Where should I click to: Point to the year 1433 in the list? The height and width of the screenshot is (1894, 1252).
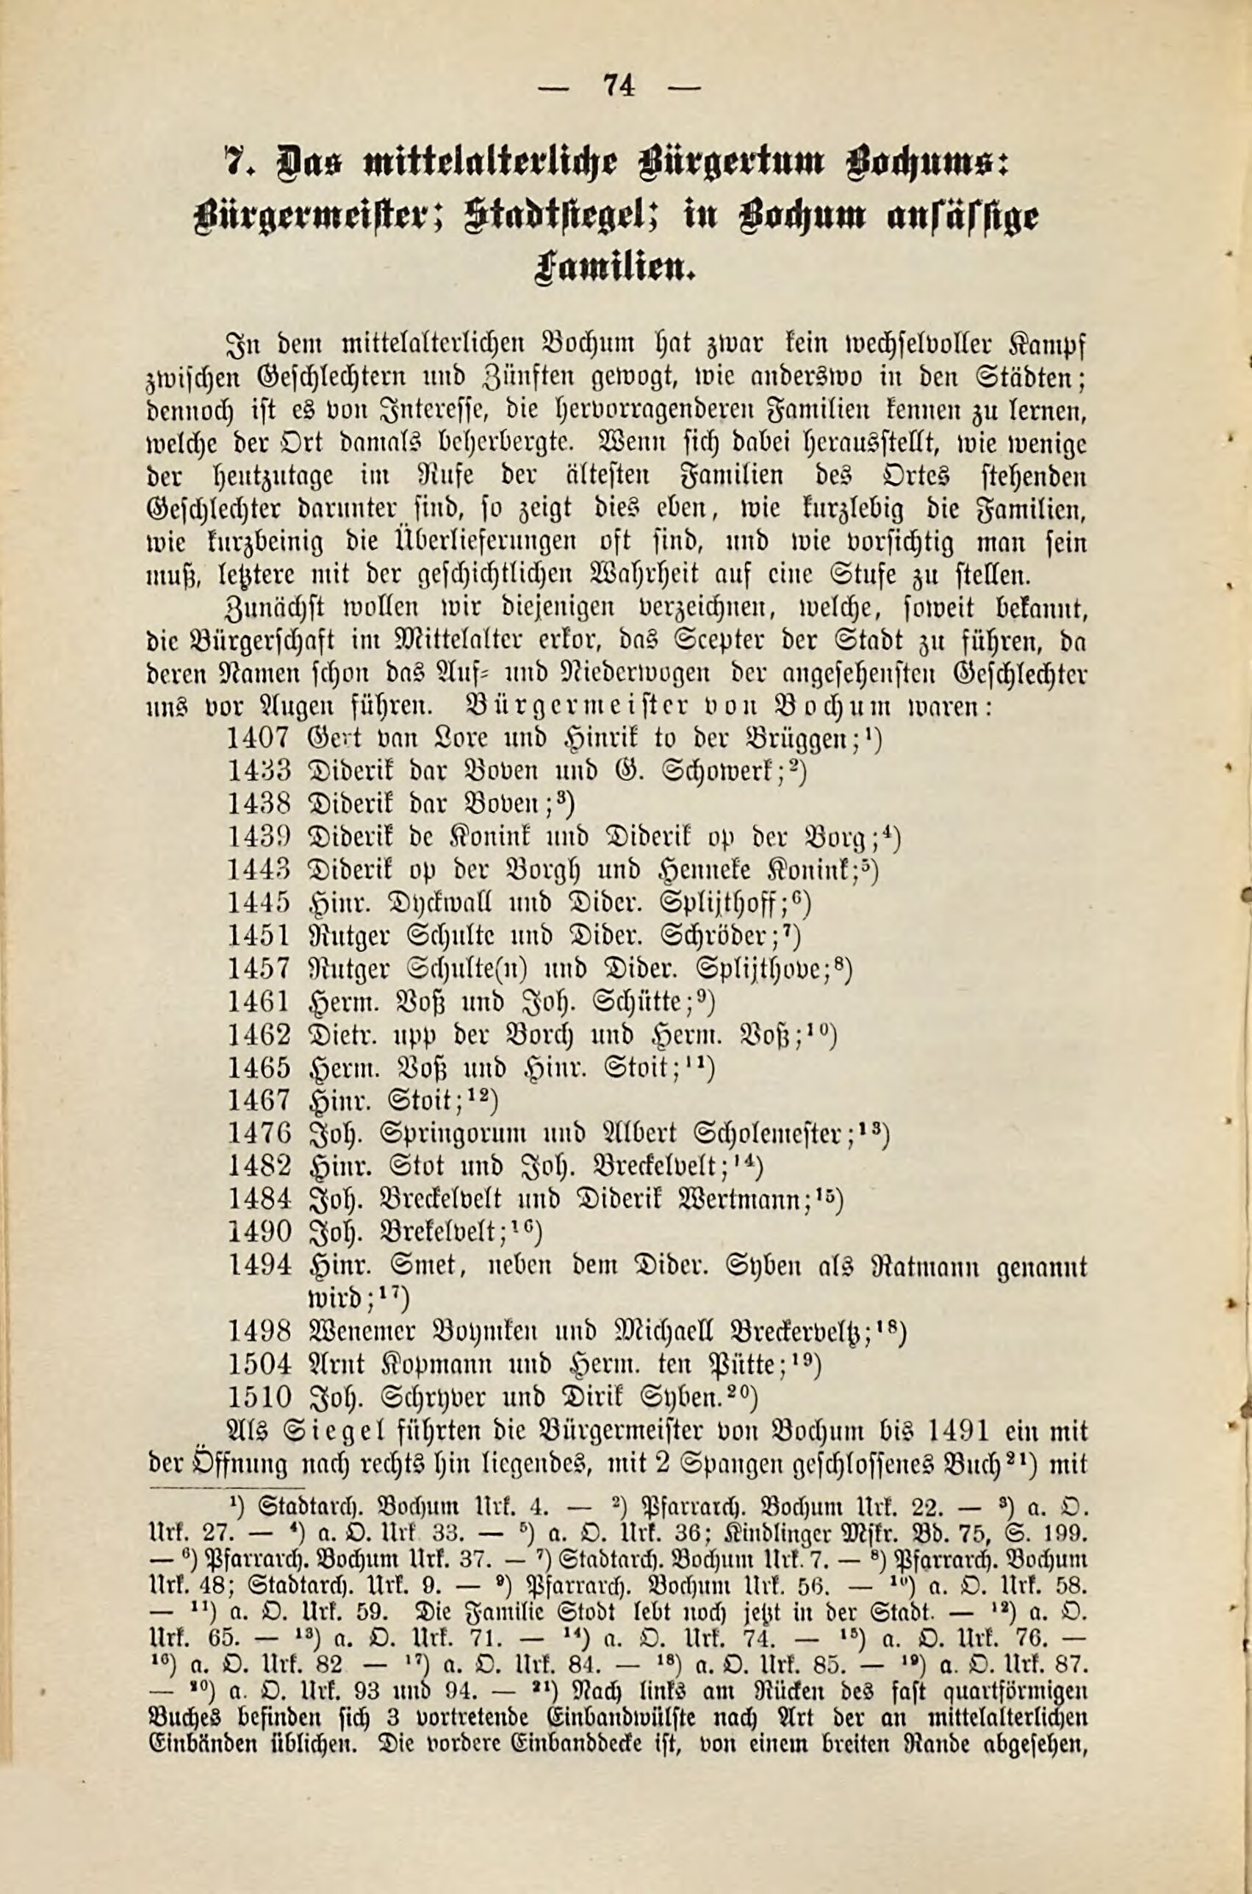click(x=258, y=771)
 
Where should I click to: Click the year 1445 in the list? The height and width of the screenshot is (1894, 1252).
click(x=258, y=903)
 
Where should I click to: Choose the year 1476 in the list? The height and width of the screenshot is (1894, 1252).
click(x=258, y=1134)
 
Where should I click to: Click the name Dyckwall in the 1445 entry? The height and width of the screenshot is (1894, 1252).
click(x=429, y=904)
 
